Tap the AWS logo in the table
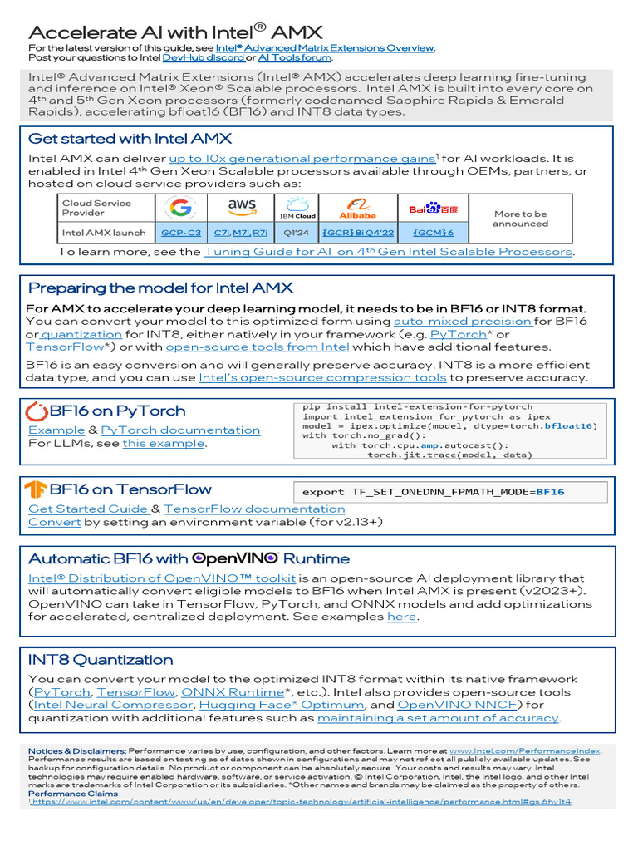[x=242, y=207]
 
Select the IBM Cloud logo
[x=297, y=208]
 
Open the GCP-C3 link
[x=180, y=233]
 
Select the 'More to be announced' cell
[x=520, y=219]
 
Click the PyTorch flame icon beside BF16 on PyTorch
[x=37, y=411]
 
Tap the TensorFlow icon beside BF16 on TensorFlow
[x=36, y=489]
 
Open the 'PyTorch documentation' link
[x=179, y=430]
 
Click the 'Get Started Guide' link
[x=88, y=509]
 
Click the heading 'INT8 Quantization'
[x=101, y=660]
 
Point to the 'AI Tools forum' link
[x=295, y=57]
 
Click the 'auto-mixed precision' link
[x=463, y=321]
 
